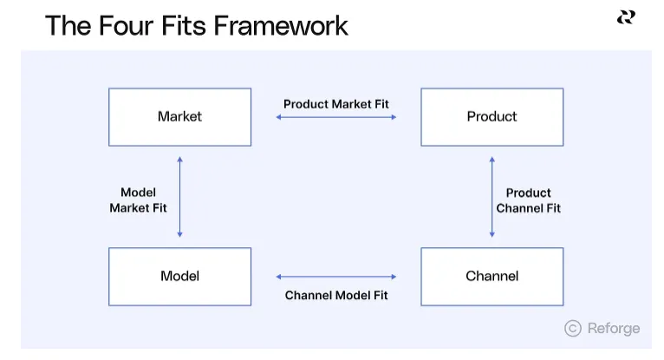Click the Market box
[x=179, y=116]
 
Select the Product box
[x=491, y=116]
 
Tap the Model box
[x=179, y=276]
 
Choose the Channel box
[x=491, y=276]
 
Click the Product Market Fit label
[x=336, y=104]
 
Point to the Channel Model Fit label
[x=336, y=295]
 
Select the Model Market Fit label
[x=138, y=200]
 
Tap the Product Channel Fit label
[x=528, y=200]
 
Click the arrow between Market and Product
[x=336, y=116]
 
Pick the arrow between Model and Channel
[x=336, y=277]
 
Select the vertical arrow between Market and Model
[x=179, y=197]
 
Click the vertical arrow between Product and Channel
[x=491, y=197]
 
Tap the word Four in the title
[x=129, y=25]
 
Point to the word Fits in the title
[x=186, y=25]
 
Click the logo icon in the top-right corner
[x=626, y=17]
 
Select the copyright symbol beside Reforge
[x=572, y=328]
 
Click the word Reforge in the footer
[x=614, y=328]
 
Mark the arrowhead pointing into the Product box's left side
[x=393, y=116]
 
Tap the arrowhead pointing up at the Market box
[x=179, y=160]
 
